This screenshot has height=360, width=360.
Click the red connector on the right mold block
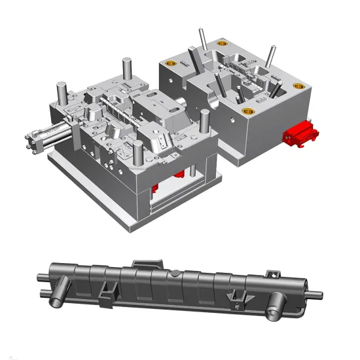tap(302, 134)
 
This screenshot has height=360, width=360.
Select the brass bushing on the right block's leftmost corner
tap(171, 64)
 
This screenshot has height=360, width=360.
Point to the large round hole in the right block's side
tap(213, 102)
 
